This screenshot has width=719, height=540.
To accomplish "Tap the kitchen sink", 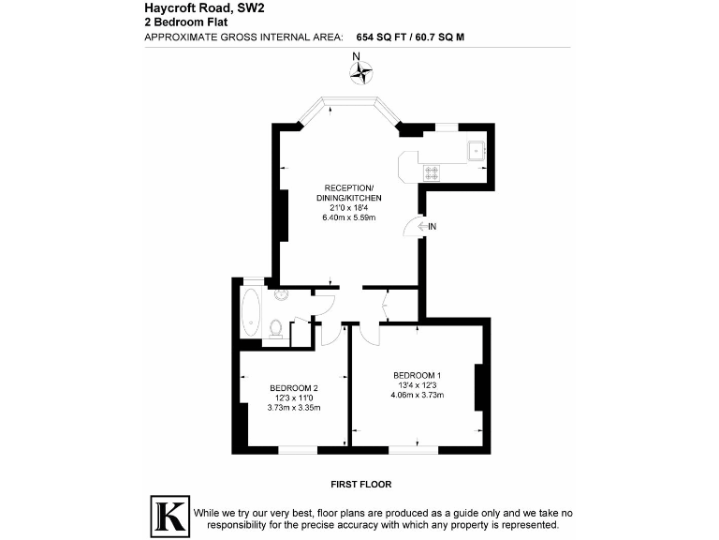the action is (x=475, y=148).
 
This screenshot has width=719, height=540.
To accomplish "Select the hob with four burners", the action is (x=433, y=172).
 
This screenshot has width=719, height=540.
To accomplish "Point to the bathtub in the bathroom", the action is (x=251, y=313).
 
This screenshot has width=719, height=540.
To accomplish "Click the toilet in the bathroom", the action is (x=275, y=327).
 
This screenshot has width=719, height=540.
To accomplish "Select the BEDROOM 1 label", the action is (x=417, y=375).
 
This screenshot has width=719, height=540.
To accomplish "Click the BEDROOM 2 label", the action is (x=294, y=388).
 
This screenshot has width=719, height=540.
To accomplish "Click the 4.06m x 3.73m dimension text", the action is (x=417, y=395).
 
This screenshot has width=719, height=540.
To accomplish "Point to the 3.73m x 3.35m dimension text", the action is (x=294, y=408).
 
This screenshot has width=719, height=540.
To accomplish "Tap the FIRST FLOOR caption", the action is (x=360, y=485).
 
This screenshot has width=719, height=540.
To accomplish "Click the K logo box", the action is (x=169, y=515).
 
